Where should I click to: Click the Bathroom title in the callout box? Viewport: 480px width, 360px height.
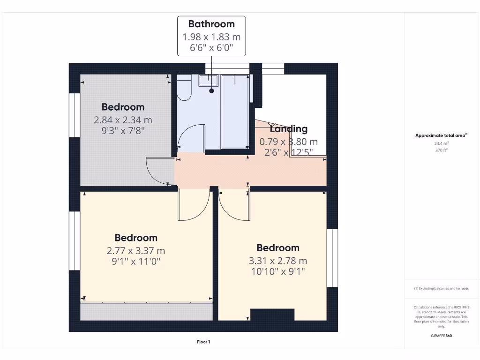click(211, 24)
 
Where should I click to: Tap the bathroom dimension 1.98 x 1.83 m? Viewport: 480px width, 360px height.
click(211, 37)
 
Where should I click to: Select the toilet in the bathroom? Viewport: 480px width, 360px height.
click(184, 88)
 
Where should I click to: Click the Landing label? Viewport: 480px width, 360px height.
click(289, 129)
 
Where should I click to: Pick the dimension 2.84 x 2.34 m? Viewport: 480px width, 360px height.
click(123, 120)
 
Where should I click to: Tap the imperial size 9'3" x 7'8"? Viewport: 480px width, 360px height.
click(123, 131)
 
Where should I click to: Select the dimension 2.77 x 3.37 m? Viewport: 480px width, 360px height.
click(136, 251)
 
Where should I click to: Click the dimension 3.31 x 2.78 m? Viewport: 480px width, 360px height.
click(278, 261)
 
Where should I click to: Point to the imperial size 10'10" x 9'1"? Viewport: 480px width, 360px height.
click(278, 272)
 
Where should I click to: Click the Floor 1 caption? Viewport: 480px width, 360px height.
click(203, 342)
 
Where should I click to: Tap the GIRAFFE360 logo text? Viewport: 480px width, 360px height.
click(441, 336)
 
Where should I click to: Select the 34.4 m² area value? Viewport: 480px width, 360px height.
click(441, 143)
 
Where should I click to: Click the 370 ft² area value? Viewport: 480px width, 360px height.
click(441, 150)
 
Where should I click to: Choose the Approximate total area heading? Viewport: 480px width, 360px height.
click(441, 135)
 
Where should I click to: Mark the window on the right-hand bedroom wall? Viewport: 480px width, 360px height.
click(332, 258)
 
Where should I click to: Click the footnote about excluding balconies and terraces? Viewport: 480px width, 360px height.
click(441, 289)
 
